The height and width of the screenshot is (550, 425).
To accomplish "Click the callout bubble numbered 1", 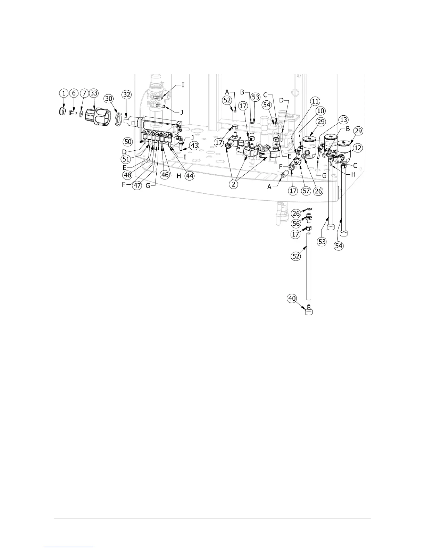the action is pyautogui.click(x=64, y=93).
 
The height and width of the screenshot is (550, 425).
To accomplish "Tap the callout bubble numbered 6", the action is pyautogui.click(x=74, y=93).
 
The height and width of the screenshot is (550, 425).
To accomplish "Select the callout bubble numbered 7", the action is pyautogui.click(x=84, y=93).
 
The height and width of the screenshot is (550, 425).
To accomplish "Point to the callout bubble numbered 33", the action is pyautogui.click(x=94, y=93).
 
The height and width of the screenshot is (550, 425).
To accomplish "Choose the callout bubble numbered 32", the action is pyautogui.click(x=127, y=94).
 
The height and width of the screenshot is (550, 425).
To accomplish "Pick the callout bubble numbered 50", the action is pyautogui.click(x=128, y=142).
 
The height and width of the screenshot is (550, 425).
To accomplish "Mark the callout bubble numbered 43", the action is pyautogui.click(x=194, y=146).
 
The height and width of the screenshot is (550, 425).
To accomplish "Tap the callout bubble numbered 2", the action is pyautogui.click(x=234, y=184).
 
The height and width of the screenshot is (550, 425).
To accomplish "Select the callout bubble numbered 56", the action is pyautogui.click(x=296, y=224).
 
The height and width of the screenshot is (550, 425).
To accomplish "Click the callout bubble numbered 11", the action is pyautogui.click(x=315, y=101).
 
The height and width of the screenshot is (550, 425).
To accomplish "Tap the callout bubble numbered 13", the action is pyautogui.click(x=343, y=120).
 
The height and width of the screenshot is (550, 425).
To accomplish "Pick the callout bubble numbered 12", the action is pyautogui.click(x=358, y=148).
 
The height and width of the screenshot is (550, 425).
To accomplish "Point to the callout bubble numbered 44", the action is pyautogui.click(x=189, y=176).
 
